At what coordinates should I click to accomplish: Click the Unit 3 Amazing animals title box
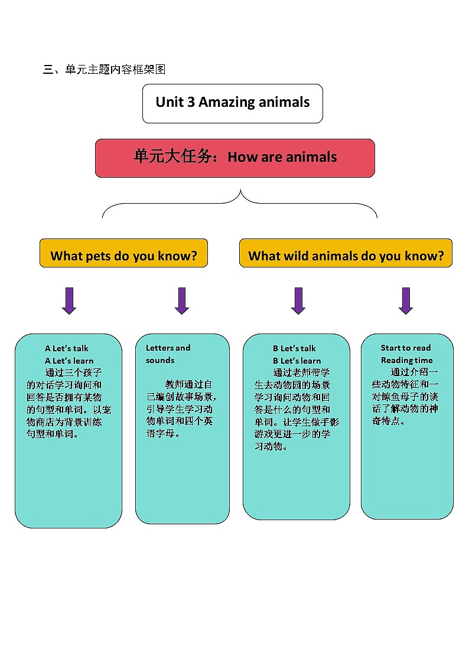(232, 103)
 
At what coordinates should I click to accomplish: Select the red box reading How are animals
(234, 158)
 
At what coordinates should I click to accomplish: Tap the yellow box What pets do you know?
(123, 253)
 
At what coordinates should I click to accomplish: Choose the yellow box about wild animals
(346, 253)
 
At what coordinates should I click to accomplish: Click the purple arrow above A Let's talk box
(69, 301)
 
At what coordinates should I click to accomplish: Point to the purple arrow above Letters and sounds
(182, 301)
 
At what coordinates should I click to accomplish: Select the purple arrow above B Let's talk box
(298, 301)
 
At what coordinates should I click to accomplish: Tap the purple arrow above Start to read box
(405, 301)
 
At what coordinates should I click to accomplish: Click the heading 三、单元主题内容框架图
(104, 70)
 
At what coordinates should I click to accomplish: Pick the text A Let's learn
(69, 361)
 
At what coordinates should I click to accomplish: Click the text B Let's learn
(297, 361)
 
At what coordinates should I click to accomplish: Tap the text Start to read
(406, 348)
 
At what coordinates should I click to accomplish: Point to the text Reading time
(406, 360)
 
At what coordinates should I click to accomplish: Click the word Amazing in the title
(226, 102)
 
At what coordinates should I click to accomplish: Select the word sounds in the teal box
(160, 360)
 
